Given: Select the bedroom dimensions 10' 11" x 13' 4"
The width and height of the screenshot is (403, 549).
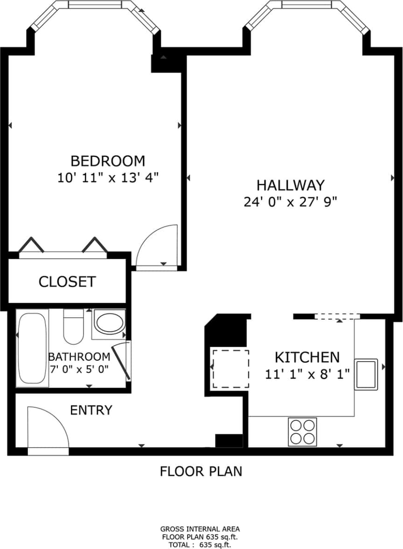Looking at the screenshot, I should [x=108, y=178].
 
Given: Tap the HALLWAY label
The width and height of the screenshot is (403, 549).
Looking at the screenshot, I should [x=290, y=185].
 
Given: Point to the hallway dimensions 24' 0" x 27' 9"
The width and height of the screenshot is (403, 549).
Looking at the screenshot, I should [x=290, y=202].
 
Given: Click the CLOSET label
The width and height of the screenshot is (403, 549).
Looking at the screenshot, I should [x=67, y=282].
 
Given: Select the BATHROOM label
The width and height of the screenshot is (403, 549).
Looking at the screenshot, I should [x=79, y=357].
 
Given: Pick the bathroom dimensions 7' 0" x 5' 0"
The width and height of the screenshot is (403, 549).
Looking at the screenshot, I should [x=79, y=369].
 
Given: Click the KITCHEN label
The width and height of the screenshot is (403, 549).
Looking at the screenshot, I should [x=307, y=357].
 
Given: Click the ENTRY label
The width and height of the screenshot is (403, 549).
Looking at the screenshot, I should [x=91, y=410].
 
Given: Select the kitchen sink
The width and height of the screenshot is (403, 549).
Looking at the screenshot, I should [x=367, y=374].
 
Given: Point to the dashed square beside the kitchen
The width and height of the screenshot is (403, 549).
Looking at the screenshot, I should [x=230, y=369].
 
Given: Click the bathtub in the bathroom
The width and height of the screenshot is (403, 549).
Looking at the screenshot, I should [x=32, y=349].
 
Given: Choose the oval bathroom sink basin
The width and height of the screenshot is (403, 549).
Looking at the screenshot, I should [x=109, y=322].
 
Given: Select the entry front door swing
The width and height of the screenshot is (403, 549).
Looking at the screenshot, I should [x=45, y=427].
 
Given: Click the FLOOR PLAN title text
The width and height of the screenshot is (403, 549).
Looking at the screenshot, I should [x=201, y=471].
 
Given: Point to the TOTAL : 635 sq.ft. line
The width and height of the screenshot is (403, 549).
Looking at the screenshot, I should [x=200, y=544].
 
